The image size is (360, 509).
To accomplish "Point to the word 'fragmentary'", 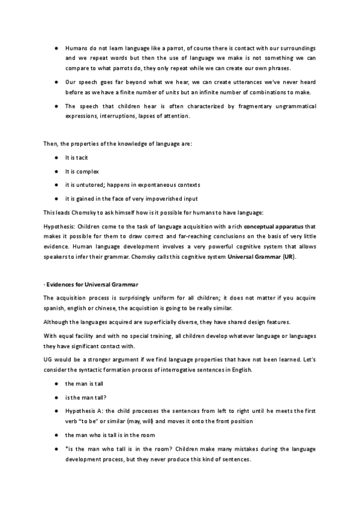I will click(230, 106).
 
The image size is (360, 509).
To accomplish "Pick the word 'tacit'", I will click(81, 157).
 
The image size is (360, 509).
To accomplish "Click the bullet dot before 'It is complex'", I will click(55, 171).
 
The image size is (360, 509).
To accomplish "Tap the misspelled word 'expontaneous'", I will click(147, 184).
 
